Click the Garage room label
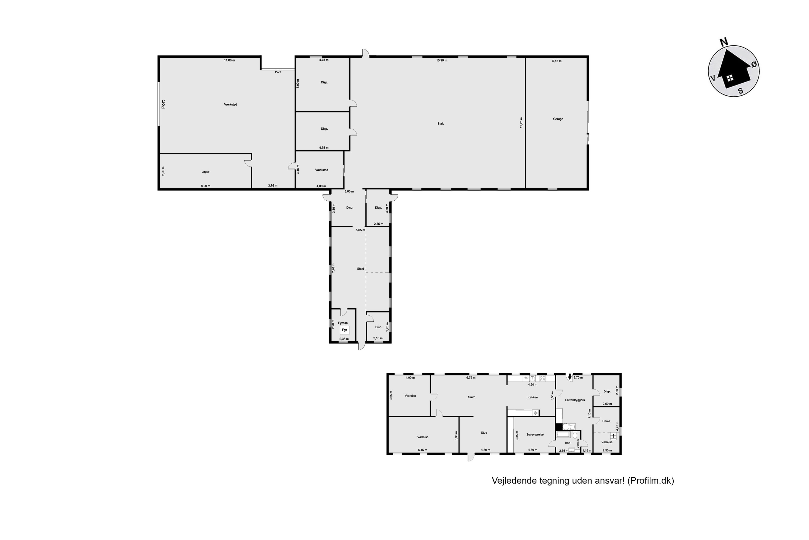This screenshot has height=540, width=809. pos(558,119)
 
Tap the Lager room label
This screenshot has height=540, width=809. pos(205,172)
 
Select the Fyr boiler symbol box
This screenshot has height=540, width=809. pos(344,330)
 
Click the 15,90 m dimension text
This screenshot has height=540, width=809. pos(442,60)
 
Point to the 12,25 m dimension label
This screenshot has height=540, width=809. pos(521,123)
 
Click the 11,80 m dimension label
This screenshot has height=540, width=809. pos(229,60)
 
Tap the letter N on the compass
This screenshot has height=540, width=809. pos(724,42)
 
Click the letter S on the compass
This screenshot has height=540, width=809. pos(741,91)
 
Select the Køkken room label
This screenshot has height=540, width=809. pos(532,397)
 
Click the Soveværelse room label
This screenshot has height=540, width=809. pos(535,435)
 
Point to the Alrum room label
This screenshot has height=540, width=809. pos(471,397)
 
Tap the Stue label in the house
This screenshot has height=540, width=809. pos(484,433)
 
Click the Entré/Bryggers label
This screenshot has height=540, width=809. pos(575,400)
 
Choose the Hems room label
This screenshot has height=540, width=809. pos(606,421)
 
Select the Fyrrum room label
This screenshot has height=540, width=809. pos(343,323)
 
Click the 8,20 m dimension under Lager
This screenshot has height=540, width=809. pos(205,186)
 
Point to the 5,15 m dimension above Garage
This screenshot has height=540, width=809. pos(557,61)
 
